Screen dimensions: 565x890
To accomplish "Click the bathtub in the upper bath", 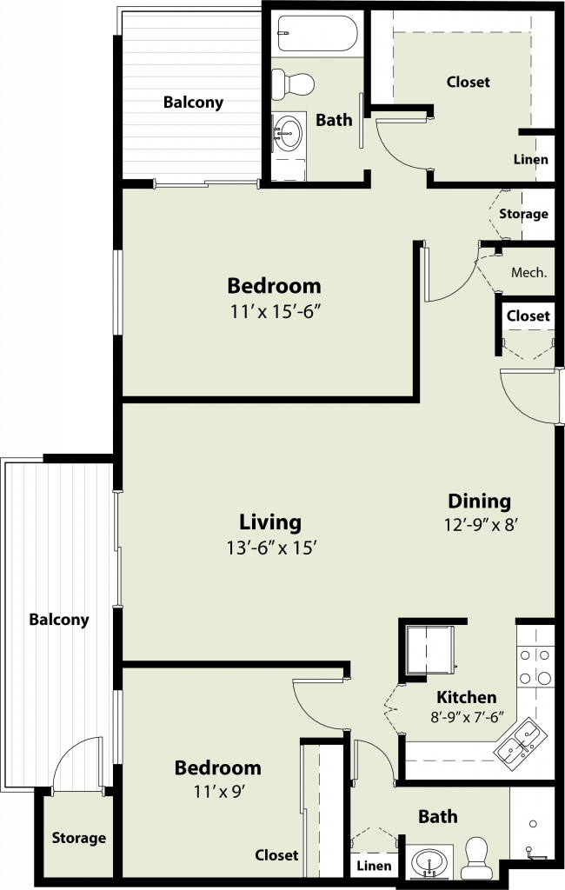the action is click(x=317, y=34).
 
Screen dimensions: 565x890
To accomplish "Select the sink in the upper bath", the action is click(x=289, y=133).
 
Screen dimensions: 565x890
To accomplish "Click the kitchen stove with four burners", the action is click(x=535, y=666).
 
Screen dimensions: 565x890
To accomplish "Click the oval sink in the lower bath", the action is click(x=429, y=864).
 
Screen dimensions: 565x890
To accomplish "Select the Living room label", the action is click(x=269, y=521).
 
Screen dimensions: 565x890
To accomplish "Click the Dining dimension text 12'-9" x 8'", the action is click(x=480, y=524).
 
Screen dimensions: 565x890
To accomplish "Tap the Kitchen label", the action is click(x=466, y=697).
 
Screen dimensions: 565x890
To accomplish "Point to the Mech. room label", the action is click(x=528, y=272).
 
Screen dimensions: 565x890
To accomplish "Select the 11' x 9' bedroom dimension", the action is click(x=219, y=791).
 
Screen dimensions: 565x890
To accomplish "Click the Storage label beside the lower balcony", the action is click(x=79, y=839).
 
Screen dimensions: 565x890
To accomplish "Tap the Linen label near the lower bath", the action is click(x=374, y=866).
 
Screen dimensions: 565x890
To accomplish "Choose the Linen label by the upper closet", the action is click(x=531, y=160).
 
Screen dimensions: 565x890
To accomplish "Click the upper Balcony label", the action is click(x=193, y=103).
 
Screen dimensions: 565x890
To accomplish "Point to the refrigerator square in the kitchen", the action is click(x=431, y=650).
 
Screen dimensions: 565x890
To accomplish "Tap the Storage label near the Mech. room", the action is click(x=523, y=214).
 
